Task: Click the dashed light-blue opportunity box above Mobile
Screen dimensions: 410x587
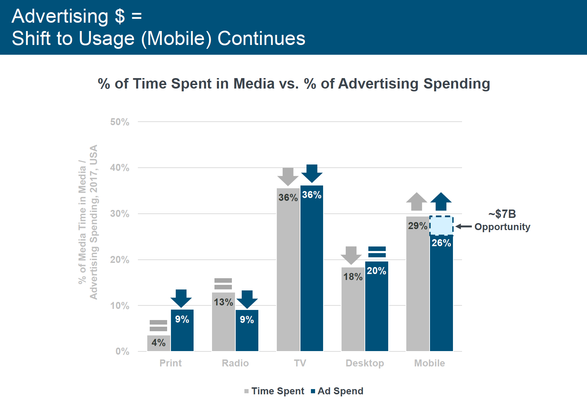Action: pyautogui.click(x=441, y=225)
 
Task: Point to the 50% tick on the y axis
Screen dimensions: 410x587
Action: pyautogui.click(x=120, y=122)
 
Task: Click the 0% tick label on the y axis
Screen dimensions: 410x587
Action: pyautogui.click(x=122, y=351)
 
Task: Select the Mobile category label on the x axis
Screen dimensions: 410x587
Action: pyautogui.click(x=429, y=363)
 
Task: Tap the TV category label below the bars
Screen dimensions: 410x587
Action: pyautogui.click(x=300, y=363)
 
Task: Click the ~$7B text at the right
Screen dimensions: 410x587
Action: pyautogui.click(x=502, y=214)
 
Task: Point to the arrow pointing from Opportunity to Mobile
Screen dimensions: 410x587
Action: pyautogui.click(x=463, y=227)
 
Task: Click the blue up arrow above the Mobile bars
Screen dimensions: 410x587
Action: pyautogui.click(x=441, y=201)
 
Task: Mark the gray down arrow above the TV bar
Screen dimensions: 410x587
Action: pyautogui.click(x=288, y=176)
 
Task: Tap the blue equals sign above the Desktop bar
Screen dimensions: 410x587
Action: pyautogui.click(x=377, y=252)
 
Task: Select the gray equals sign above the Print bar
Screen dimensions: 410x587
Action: pyautogui.click(x=158, y=326)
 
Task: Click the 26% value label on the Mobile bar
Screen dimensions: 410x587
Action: pyautogui.click(x=441, y=243)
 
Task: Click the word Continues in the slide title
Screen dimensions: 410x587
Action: pyautogui.click(x=261, y=38)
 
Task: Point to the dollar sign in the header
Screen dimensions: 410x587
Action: pyautogui.click(x=120, y=16)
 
